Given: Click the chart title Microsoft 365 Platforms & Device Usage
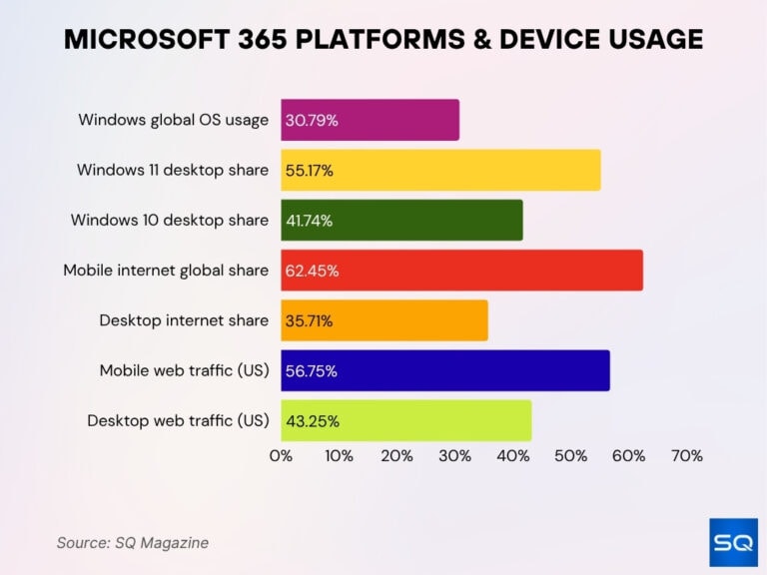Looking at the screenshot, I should tap(383, 39).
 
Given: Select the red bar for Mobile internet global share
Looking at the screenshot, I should tap(461, 271).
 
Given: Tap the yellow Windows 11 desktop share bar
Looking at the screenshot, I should tap(440, 171).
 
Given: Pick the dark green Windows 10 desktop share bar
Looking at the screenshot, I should tap(401, 220).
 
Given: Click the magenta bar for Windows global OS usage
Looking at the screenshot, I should tap(370, 120).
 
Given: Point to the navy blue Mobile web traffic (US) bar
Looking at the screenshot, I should tap(445, 370).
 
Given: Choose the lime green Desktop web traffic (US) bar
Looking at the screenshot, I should tap(405, 420).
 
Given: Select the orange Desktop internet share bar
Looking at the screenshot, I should tap(384, 320).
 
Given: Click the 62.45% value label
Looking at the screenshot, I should tap(312, 271).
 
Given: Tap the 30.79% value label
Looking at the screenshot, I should tap(312, 121).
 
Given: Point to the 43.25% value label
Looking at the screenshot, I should tap(312, 421).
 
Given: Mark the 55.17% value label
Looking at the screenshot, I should tap(310, 171).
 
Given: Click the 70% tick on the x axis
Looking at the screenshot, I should tap(686, 456).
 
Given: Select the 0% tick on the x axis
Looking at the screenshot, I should tap(281, 456).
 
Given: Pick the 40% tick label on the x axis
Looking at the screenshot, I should tap(512, 456).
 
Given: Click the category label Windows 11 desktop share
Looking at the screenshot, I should tap(173, 170).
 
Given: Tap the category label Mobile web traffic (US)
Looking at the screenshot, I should tap(184, 370).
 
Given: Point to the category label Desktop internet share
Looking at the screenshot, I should tap(184, 320).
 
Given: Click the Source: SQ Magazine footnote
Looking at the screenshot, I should tap(133, 543).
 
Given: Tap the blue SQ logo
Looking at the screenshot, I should tap(733, 543).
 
